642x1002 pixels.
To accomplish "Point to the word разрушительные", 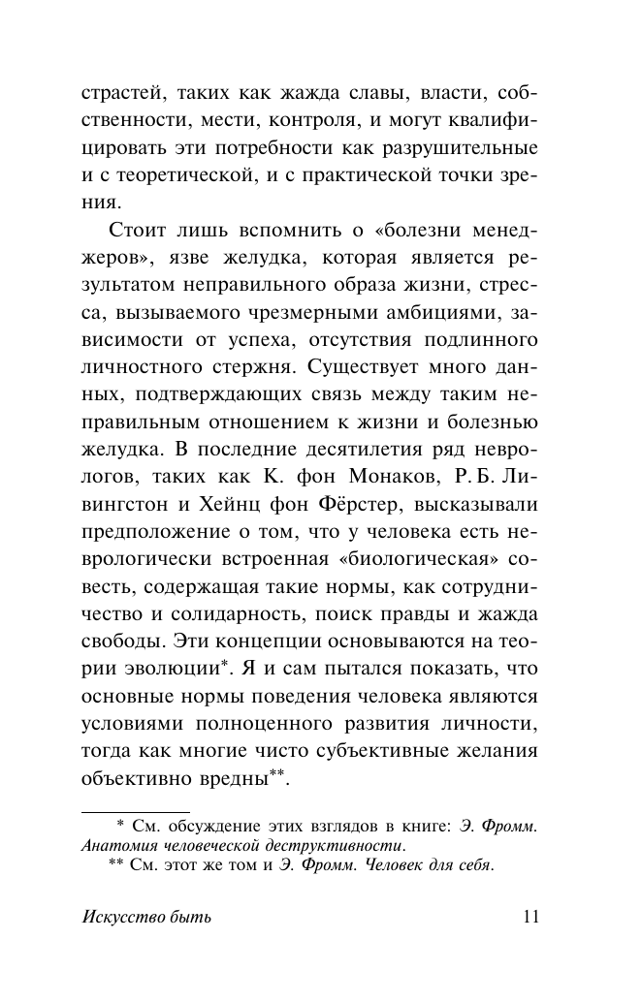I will (490, 150).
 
